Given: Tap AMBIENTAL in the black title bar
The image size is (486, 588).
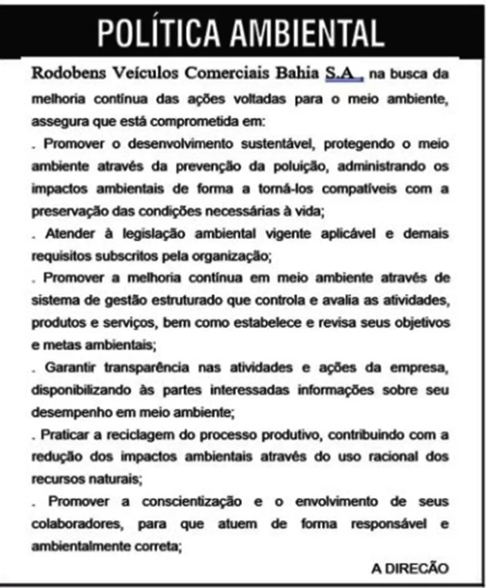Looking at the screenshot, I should pyautogui.click(x=309, y=32).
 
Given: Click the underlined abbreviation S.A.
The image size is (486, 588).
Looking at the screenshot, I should pyautogui.click(x=342, y=73).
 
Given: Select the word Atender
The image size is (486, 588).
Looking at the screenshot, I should pyautogui.click(x=69, y=234).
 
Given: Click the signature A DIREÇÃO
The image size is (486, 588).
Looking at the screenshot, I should pyautogui.click(x=409, y=567).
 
